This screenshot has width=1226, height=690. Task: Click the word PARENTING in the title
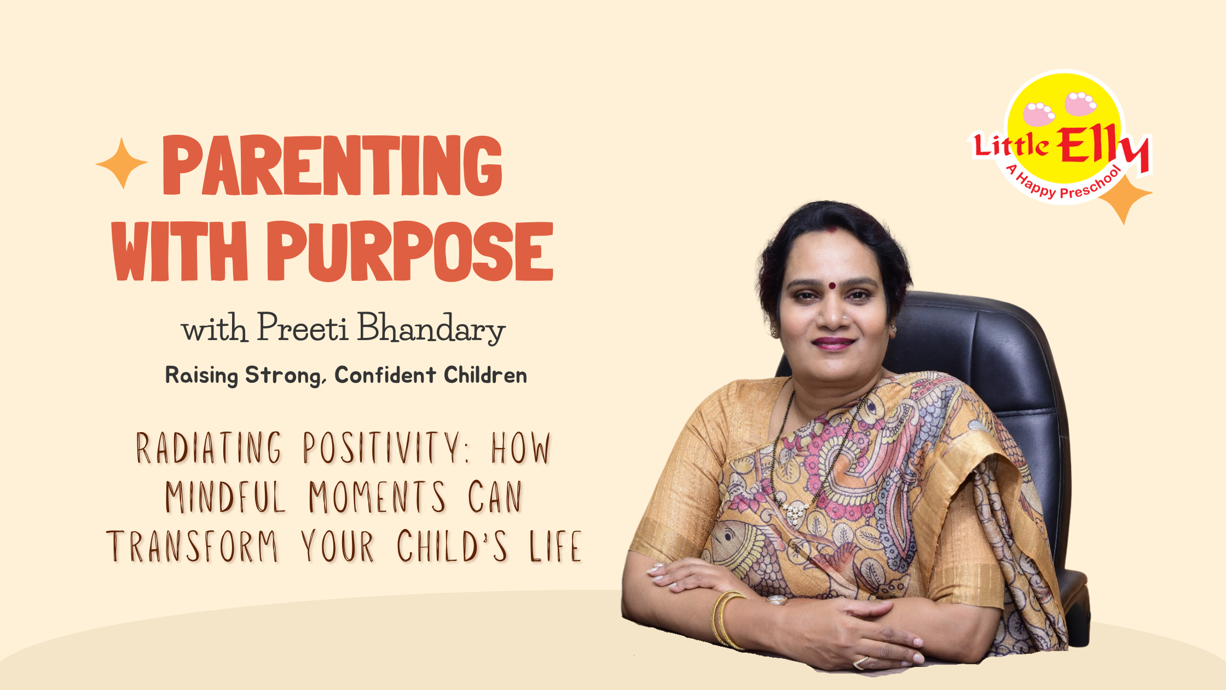point(332,165)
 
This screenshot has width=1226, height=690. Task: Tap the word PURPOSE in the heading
point(410,251)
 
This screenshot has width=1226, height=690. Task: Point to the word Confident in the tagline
point(385,375)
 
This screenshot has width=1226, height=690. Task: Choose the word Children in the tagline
point(485,375)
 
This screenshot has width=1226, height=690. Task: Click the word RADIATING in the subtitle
point(209,447)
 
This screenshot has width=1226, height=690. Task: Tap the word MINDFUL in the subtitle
point(225,497)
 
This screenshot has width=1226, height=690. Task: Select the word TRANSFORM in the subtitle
point(193,546)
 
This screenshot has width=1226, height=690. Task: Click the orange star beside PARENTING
point(122,163)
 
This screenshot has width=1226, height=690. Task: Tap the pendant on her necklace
point(794,513)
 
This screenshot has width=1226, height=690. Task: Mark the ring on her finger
point(860,663)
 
